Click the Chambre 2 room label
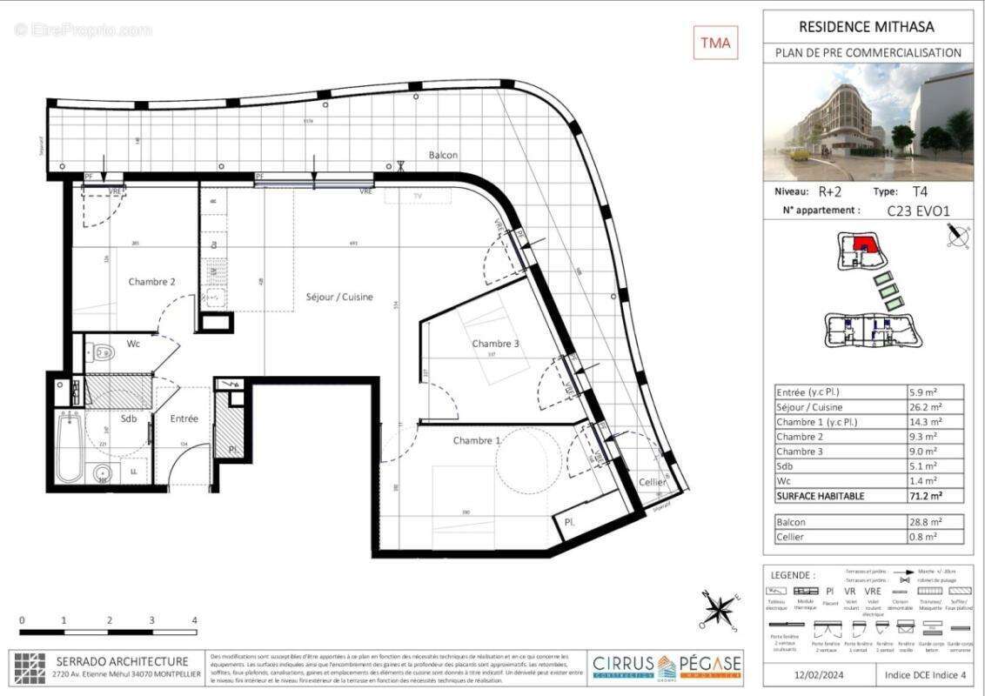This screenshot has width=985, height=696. [x=152, y=281]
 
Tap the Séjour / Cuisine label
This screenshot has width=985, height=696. [x=338, y=297]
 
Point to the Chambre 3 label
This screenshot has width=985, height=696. [x=495, y=344]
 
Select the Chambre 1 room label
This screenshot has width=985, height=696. [x=476, y=440]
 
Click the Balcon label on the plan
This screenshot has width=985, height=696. [x=443, y=155]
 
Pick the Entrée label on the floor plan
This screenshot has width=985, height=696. [x=184, y=418]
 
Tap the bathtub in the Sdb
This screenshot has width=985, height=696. [x=69, y=448]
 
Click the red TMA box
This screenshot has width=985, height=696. [x=715, y=42]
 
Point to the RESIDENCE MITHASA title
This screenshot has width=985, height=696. [x=868, y=27]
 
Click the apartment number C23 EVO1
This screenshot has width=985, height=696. [x=920, y=210]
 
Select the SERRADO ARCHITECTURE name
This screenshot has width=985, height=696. [x=122, y=661]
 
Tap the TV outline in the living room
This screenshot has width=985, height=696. [x=418, y=197]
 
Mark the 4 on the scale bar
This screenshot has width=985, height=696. [x=195, y=620]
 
